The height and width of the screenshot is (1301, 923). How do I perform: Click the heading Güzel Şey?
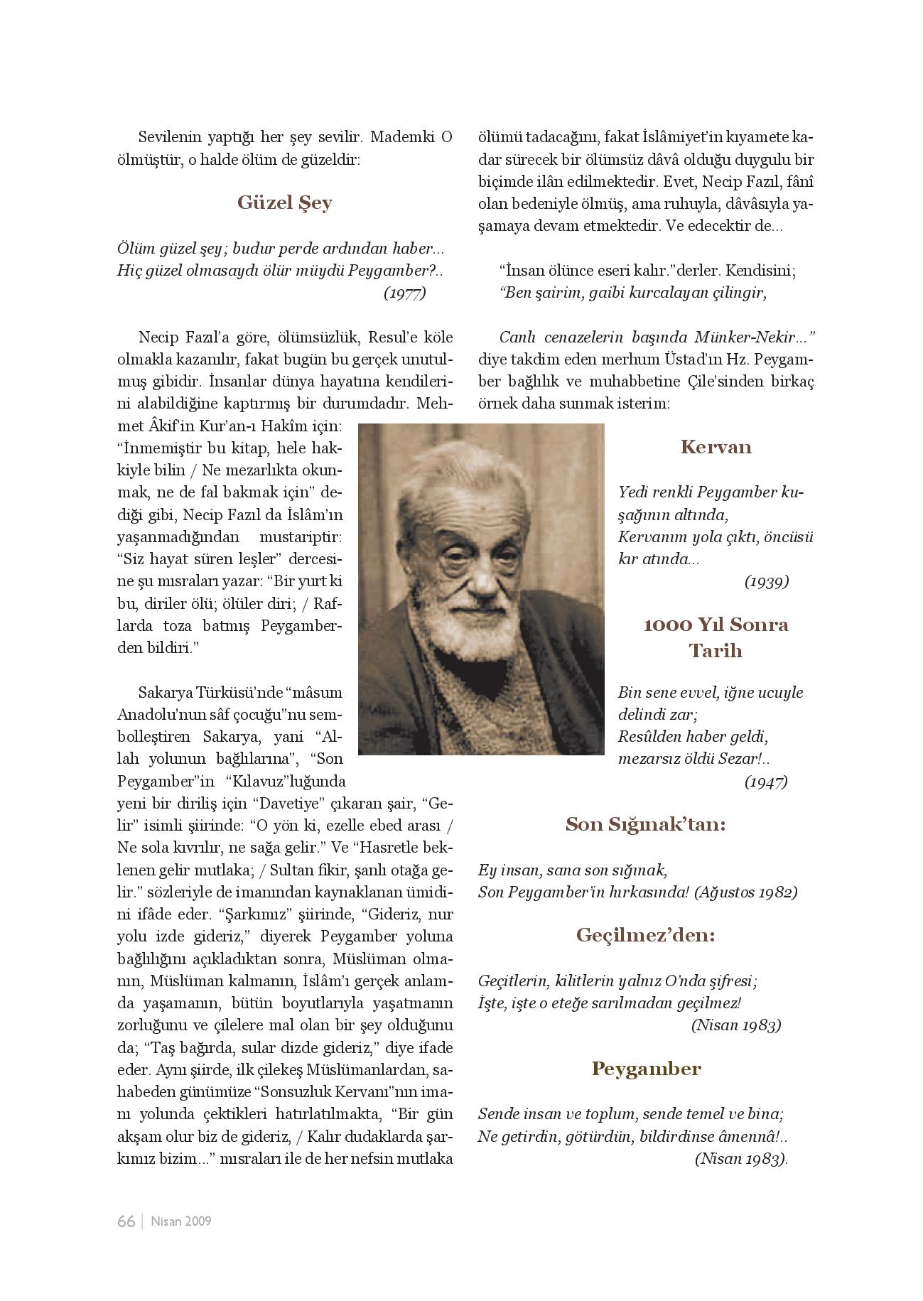point(284,203)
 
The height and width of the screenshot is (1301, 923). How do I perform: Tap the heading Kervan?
point(716,447)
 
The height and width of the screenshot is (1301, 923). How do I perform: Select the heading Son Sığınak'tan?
point(645,824)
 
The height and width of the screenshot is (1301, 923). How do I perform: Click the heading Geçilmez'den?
point(645,935)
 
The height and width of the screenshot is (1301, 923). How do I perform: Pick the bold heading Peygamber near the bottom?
point(646,1068)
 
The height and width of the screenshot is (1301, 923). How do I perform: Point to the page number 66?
point(126,1221)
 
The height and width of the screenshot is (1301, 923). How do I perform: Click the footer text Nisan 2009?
point(181,1221)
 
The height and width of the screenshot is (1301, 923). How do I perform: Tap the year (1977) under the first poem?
point(404,293)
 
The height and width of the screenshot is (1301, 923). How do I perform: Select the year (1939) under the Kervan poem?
point(766,581)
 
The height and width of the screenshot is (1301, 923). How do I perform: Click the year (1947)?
point(766,782)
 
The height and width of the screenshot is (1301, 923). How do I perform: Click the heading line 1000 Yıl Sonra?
point(716,625)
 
